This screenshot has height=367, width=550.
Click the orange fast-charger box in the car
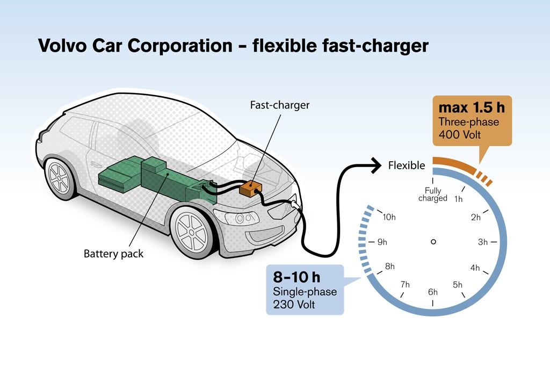pos(249,189)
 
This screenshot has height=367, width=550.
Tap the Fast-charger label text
pos(280,105)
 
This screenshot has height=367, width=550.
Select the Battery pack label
pos(114,254)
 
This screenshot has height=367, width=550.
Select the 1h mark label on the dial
pos(459,199)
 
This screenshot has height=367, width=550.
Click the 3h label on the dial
pos(483,242)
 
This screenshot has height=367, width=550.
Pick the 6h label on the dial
pos(433,292)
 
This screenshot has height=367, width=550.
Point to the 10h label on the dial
pos(389,217)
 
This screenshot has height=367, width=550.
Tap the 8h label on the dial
pos(389,267)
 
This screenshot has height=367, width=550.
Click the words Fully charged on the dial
pos(433,195)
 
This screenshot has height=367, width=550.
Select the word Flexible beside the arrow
pos(407,165)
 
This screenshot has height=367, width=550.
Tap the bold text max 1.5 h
pos(472,107)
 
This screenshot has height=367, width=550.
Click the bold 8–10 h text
pos(296,278)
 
